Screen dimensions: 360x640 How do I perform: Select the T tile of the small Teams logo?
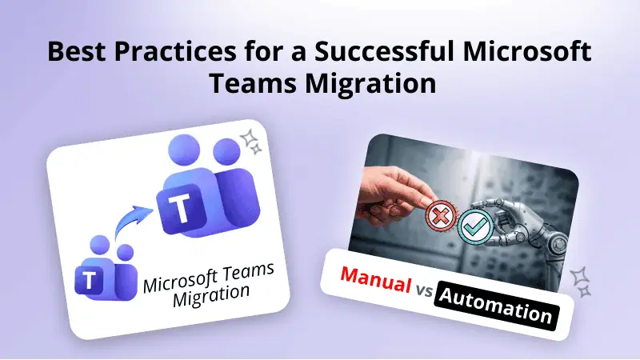point(88,279)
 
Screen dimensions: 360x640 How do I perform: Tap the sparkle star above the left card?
point(254,142)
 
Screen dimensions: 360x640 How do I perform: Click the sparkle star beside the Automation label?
point(581,281)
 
